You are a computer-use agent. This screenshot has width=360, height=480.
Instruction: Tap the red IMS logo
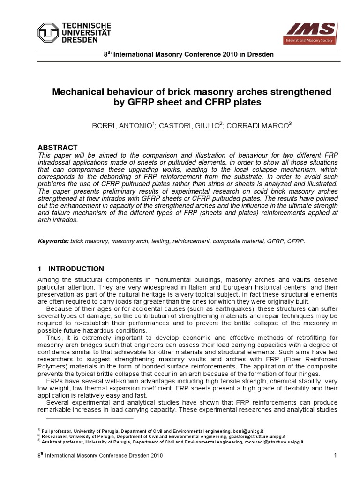(312, 31)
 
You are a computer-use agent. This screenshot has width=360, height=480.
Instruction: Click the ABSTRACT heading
(57, 147)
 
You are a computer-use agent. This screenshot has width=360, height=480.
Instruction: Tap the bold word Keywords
(52, 241)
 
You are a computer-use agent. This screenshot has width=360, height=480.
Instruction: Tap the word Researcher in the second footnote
(54, 436)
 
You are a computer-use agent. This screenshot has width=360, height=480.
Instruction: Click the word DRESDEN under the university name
(78, 40)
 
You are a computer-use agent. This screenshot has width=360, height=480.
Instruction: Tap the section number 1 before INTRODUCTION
(39, 269)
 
